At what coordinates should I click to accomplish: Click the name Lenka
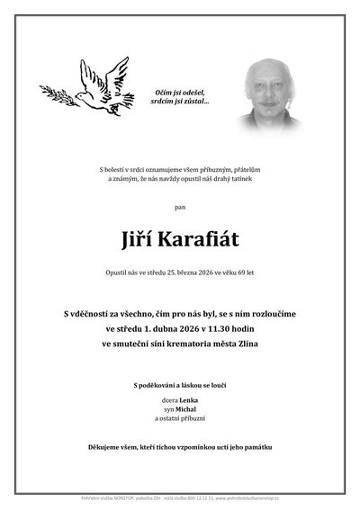(187, 399)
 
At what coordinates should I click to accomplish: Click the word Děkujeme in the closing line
(105, 447)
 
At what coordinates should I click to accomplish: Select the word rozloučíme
(267, 312)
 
